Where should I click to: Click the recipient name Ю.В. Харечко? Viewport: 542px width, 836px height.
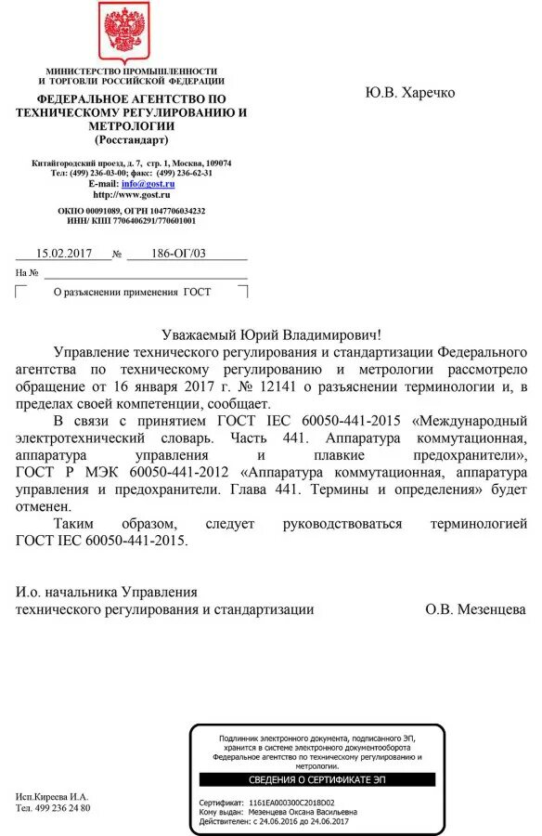(x=410, y=94)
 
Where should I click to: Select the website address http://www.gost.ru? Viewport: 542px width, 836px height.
(x=132, y=195)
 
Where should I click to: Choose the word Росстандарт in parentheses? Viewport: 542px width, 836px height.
(x=132, y=140)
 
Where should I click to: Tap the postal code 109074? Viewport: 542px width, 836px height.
(x=216, y=163)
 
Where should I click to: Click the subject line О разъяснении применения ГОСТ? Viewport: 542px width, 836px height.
(x=132, y=292)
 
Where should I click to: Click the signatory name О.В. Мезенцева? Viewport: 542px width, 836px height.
(x=475, y=609)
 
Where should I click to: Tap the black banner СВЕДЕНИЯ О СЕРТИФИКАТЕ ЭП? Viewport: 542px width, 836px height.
(x=317, y=779)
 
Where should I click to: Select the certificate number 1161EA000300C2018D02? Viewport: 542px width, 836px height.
(x=291, y=803)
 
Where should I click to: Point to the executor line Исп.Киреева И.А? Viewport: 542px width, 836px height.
(x=52, y=797)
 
